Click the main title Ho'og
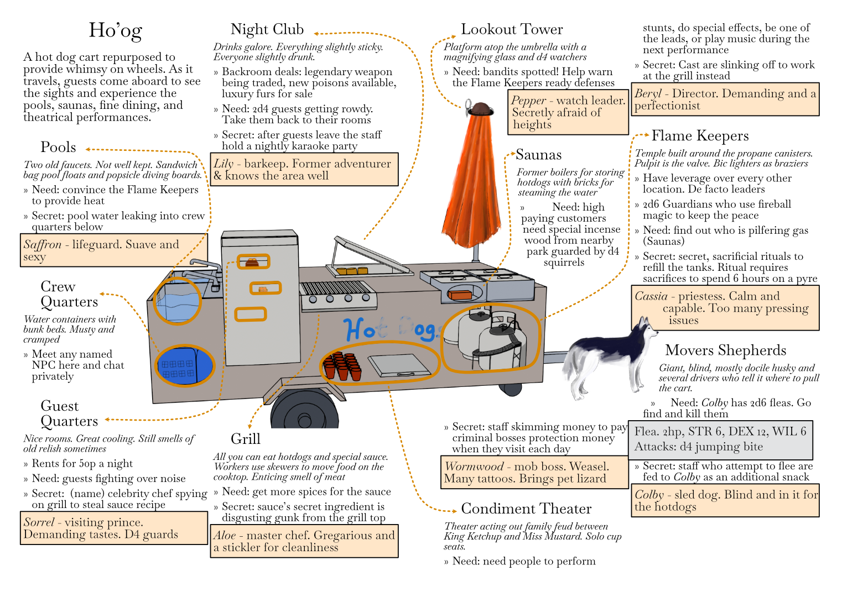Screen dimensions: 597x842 [115, 30]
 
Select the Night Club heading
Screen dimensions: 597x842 [267, 29]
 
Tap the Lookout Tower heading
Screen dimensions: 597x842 [511, 29]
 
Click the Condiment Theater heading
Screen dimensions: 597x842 [526, 509]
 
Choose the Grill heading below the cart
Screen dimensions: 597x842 [245, 439]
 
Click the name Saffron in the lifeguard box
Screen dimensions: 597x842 [43, 245]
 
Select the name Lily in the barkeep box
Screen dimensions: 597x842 [224, 164]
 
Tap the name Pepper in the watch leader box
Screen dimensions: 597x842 [528, 101]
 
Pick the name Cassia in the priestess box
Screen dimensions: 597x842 [651, 296]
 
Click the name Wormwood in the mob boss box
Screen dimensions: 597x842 [474, 467]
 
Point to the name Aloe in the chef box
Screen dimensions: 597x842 [225, 536]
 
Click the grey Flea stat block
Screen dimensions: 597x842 [720, 439]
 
